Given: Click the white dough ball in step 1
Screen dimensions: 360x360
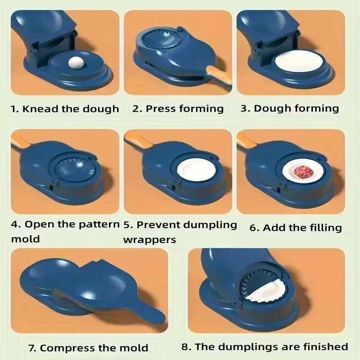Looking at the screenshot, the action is (75, 62).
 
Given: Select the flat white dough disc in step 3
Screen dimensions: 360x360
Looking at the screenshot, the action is (296, 61).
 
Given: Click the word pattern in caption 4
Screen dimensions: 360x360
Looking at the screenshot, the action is (99, 225).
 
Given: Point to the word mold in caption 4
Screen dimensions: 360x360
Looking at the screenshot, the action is (26, 239).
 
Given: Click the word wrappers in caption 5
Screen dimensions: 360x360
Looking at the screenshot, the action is (150, 240).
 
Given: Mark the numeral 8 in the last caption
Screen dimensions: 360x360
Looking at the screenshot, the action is (185, 346).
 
